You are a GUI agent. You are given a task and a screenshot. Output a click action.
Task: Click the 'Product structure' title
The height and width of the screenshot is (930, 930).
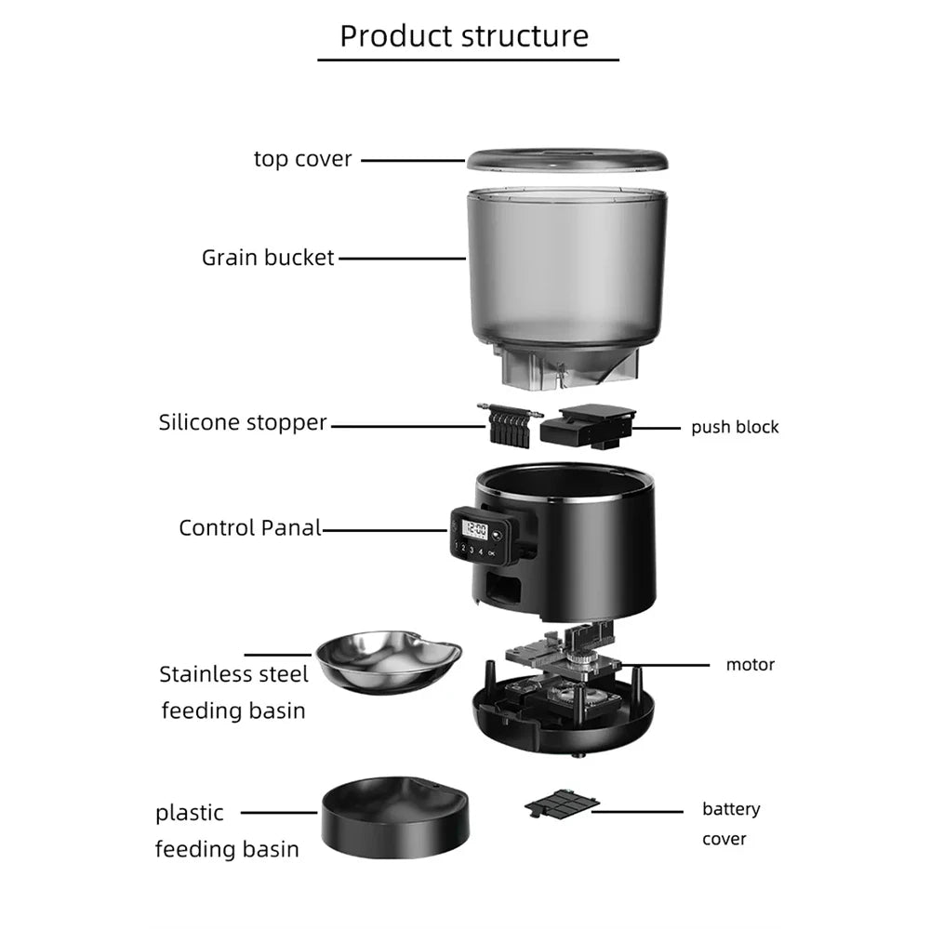coord(464,35)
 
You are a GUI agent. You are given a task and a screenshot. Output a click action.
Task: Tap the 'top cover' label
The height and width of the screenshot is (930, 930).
coord(303,159)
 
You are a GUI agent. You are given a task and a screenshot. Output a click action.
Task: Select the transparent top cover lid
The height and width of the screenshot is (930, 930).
coord(566,159)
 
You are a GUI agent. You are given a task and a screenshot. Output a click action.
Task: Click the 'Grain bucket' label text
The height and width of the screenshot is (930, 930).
coord(268,258)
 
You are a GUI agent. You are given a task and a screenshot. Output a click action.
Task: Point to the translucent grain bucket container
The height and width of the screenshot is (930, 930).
coord(565,270)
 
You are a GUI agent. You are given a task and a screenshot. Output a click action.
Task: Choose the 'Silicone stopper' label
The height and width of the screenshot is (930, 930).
coord(243,422)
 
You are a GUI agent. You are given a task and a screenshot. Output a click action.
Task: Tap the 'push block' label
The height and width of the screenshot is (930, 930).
coord(735,427)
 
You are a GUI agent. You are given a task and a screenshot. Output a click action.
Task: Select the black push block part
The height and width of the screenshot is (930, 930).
coord(587,426)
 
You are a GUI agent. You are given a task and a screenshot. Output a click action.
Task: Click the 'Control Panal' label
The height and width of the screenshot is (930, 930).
coord(249,528)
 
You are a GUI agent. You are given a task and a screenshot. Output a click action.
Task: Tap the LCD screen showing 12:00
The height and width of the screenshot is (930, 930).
coord(476,529)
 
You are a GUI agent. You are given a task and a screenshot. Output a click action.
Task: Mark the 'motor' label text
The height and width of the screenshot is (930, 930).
coord(750,664)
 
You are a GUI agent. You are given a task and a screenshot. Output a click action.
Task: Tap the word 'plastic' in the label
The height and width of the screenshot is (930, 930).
coord(190,813)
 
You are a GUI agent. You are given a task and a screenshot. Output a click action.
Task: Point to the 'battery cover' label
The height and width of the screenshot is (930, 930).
coord(730,824)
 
